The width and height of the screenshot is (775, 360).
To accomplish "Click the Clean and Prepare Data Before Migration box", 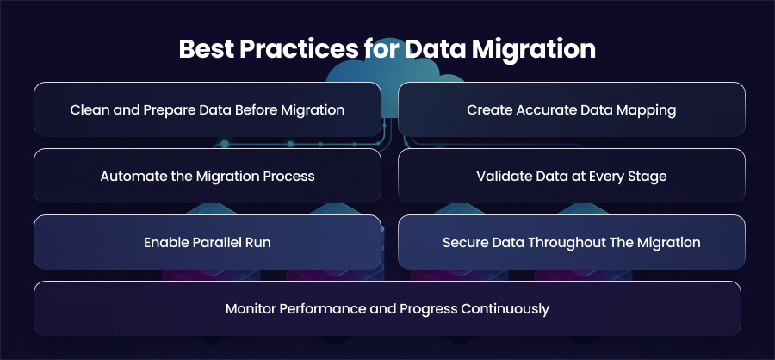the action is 208,109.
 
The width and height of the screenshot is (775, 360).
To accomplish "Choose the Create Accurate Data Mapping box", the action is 572,109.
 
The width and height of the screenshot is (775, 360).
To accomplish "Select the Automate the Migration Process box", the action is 208,176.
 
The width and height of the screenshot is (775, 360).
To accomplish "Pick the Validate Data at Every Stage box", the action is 572,176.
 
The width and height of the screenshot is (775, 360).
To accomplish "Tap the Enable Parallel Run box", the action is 208,242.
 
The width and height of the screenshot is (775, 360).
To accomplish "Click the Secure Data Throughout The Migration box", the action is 572,242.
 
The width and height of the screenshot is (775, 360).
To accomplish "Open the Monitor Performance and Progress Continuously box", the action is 387,308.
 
